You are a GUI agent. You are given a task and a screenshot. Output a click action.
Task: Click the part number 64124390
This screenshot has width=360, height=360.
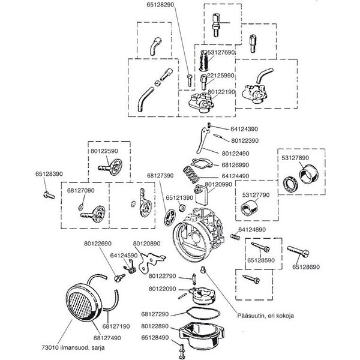pyautogui.click(x=243, y=129)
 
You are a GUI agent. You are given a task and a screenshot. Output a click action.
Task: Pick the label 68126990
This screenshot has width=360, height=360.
pyautogui.click(x=235, y=164)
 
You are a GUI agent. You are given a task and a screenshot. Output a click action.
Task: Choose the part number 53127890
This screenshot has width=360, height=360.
pyautogui.click(x=295, y=158)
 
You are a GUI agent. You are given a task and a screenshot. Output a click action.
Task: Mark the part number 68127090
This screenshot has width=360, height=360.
pyautogui.click(x=81, y=190)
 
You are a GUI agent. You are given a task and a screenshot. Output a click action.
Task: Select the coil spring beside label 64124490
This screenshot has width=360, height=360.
pyautogui.click(x=190, y=178)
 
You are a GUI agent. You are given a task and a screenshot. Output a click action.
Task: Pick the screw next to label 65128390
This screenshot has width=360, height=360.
pyautogui.click(x=49, y=194)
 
